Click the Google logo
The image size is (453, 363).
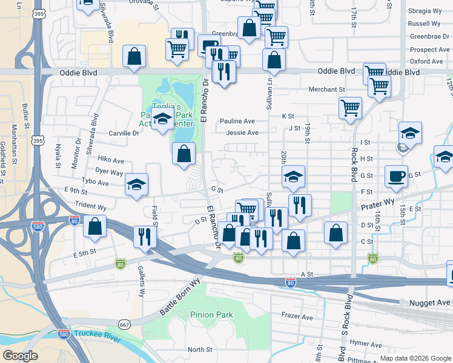(x=20, y=356)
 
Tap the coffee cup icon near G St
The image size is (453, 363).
(x=397, y=176)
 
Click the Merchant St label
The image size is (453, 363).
(x=326, y=90)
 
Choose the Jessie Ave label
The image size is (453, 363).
(x=242, y=133)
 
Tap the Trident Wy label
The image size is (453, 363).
(x=88, y=207)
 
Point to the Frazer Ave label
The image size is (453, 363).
(x=297, y=316)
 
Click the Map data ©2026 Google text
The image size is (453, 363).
(x=415, y=358)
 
